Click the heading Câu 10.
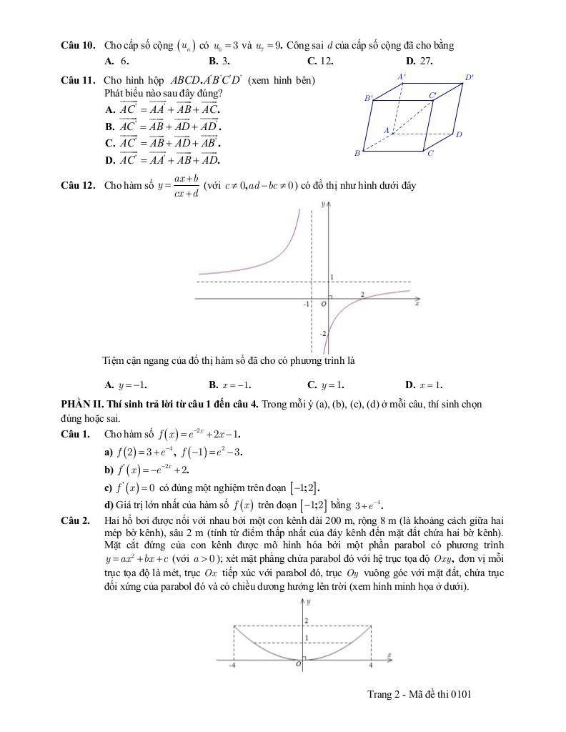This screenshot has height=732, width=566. point(78,46)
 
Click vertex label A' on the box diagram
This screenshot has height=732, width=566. point(402,76)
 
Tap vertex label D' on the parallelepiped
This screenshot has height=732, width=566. point(469,77)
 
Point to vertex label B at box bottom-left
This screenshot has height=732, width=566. point(357,153)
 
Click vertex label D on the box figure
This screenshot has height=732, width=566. point(459,134)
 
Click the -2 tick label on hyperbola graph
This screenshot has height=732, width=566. point(323,334)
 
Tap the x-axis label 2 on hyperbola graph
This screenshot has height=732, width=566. point(362,295)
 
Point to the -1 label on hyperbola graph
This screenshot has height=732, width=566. point(307,304)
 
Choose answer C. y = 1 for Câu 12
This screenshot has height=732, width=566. point(326,384)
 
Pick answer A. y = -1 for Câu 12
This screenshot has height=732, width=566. point(126,384)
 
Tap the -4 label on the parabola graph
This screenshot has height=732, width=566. point(232,666)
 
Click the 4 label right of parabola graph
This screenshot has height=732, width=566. point(371,666)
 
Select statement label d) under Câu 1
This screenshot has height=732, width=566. point(109,504)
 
